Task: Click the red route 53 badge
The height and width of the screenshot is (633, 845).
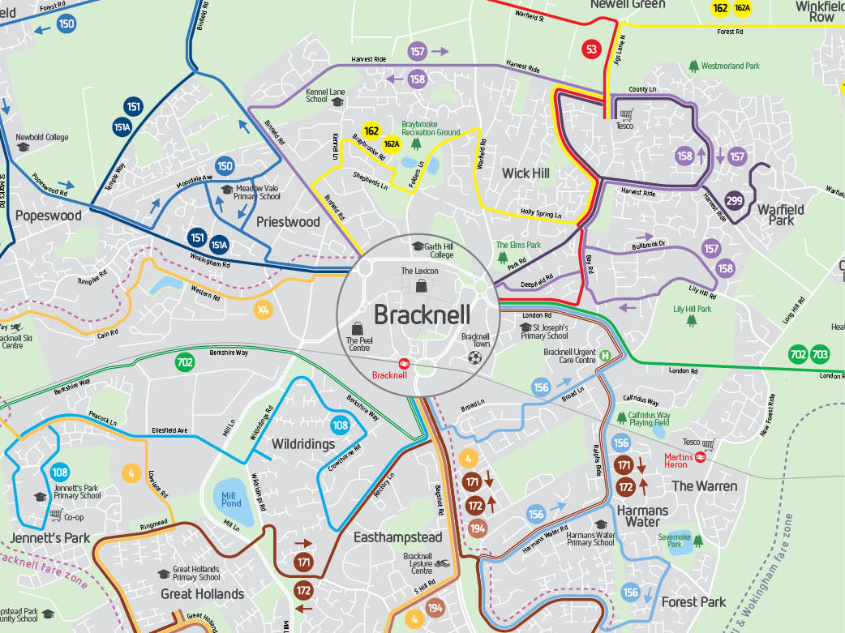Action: tap(591, 50)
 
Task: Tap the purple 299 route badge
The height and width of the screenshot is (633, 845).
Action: tap(735, 201)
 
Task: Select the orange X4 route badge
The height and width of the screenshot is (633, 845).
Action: tap(263, 310)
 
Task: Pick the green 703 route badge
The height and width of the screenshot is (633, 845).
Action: tap(820, 354)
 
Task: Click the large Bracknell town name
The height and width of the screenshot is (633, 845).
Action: tap(416, 314)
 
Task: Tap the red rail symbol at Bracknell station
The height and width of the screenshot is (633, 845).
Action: tap(403, 363)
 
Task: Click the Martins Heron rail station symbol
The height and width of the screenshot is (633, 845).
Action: tap(701, 456)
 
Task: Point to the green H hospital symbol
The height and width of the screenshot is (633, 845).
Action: tap(605, 355)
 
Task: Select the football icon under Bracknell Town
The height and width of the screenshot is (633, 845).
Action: tap(475, 357)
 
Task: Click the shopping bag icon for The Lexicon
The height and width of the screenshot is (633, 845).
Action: tap(420, 285)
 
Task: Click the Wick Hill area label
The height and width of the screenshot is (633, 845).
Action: tap(525, 173)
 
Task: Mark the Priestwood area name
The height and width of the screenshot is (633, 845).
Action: tap(288, 221)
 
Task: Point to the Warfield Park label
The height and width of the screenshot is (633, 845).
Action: tap(780, 215)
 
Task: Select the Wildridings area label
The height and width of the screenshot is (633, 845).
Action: tap(302, 444)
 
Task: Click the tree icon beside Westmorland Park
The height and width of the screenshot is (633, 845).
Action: tap(693, 65)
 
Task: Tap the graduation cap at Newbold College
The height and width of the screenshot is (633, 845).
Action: tap(23, 147)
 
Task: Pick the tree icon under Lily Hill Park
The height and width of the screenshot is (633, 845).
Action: tap(692, 320)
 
